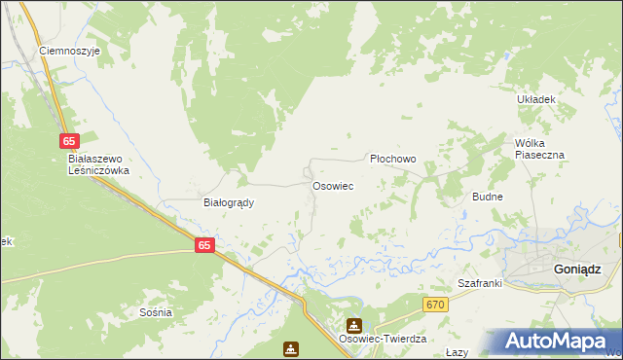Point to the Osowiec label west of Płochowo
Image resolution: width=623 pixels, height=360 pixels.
pos(332,185)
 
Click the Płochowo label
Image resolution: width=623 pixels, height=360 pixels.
pos(393,159)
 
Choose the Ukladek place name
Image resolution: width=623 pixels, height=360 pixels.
pos(535,99)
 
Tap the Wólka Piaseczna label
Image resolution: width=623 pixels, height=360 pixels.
pos(539,148)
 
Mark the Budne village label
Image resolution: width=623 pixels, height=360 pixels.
pos(487,197)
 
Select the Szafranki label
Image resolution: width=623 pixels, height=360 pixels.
pos(479,283)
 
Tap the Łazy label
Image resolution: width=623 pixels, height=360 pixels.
pos(458,352)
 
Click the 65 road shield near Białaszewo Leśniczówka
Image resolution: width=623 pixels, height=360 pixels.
pos(67,141)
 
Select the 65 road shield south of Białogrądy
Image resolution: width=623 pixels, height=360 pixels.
pos(202,246)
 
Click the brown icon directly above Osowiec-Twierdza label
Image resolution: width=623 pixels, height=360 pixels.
pos(354,325)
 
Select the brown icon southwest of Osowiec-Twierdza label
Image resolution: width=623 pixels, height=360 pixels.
pos(291,348)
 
